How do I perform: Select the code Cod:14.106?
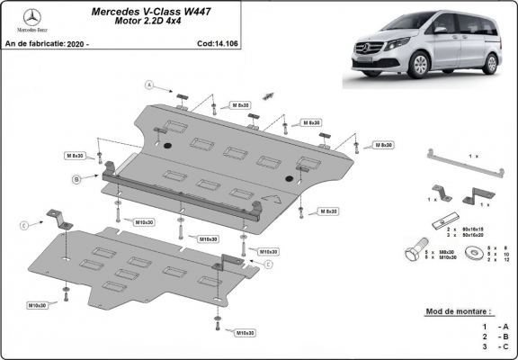tap(219, 42)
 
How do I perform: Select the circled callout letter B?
tap(77, 179)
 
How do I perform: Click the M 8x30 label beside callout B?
tap(74, 156)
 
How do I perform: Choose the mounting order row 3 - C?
tap(494, 346)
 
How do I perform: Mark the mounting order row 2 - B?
tap(494, 336)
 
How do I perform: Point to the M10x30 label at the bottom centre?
tap(243, 332)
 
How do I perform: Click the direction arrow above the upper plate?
tap(268, 95)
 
